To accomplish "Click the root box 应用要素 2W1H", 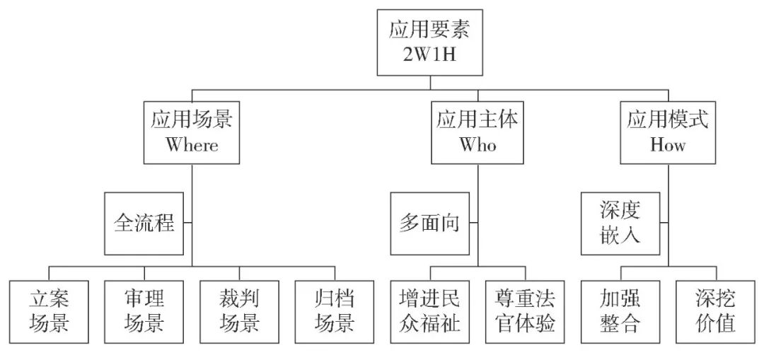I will tap(430, 42).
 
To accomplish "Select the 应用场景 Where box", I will tap(192, 132).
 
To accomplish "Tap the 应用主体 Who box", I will tap(477, 132).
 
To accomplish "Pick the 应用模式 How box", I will tap(668, 132).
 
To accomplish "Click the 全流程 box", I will tap(144, 224).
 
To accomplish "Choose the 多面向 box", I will tap(429, 224).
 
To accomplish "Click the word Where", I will tap(192, 146).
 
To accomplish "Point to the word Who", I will tap(477, 146).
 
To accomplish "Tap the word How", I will tap(668, 146).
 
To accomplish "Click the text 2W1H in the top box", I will tap(430, 56).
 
